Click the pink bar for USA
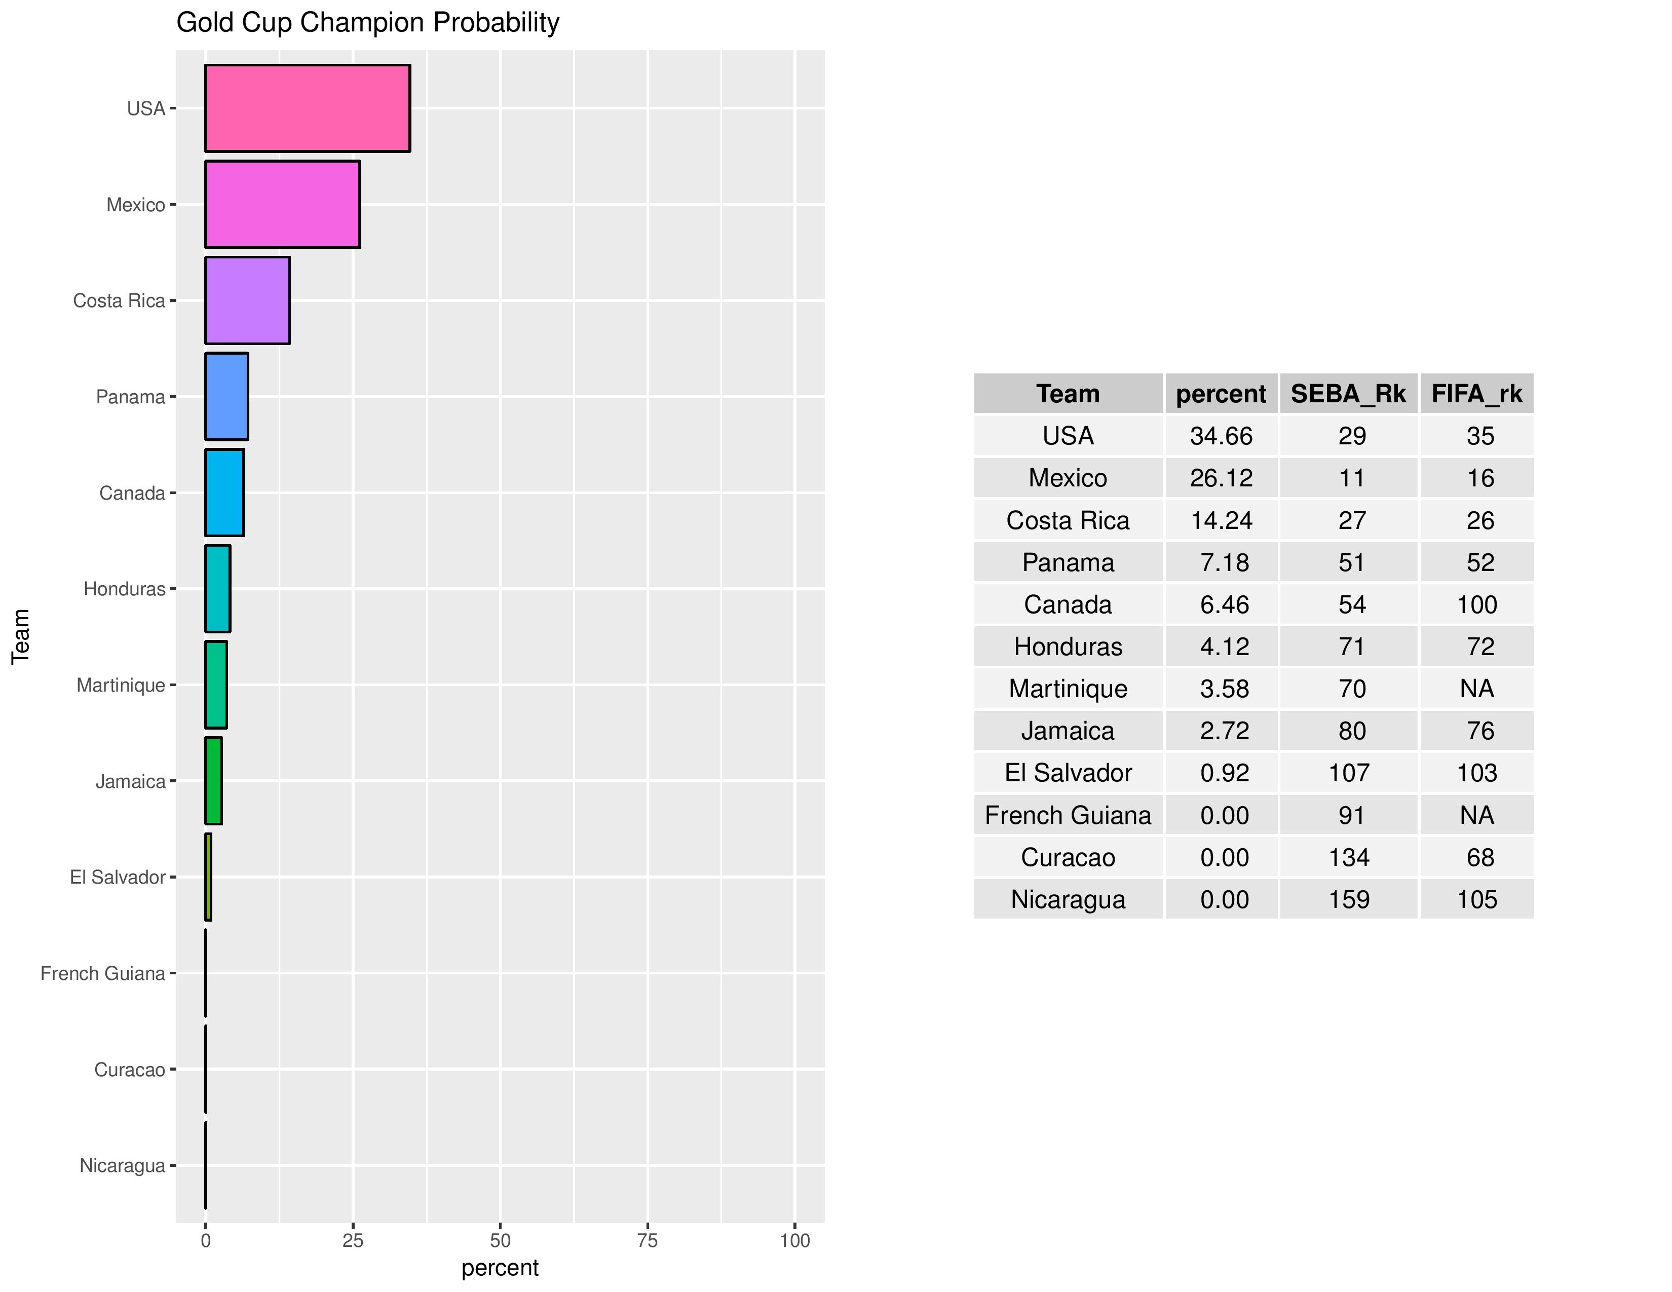pos(307,109)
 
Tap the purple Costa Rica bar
pos(247,301)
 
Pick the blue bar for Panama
pos(226,397)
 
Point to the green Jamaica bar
pos(214,781)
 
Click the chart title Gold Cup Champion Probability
pos(367,23)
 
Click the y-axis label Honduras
pos(124,589)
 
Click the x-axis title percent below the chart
pos(500,1268)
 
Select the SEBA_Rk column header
pos(1348,393)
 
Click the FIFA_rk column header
pos(1477,393)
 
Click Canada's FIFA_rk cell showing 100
pos(1477,604)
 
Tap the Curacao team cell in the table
pos(1068,857)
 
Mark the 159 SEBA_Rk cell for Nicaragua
pos(1349,899)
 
